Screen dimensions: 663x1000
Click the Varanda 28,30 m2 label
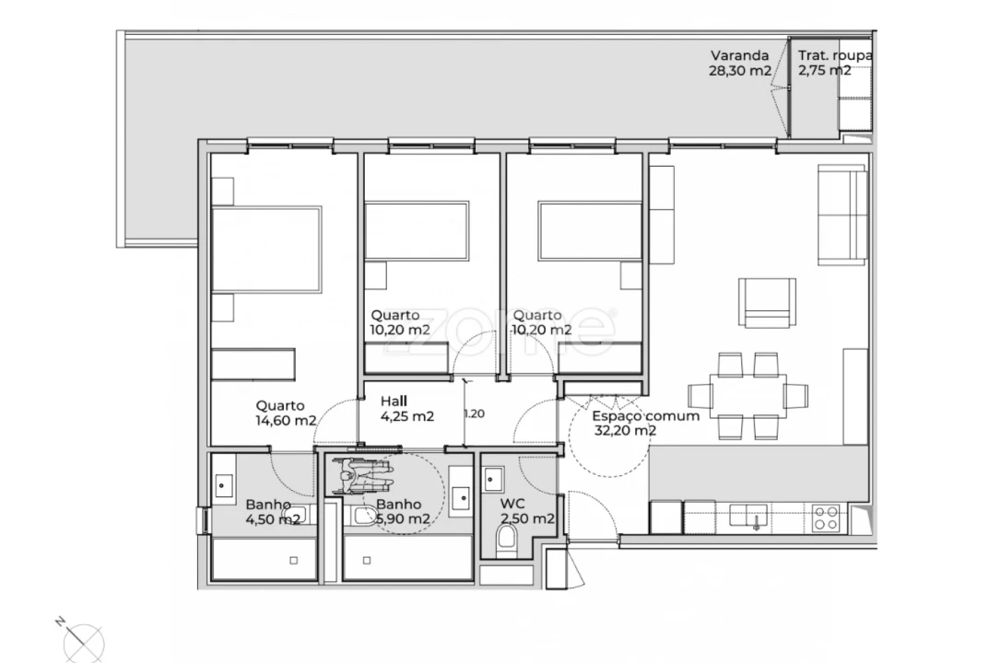pyautogui.click(x=739, y=63)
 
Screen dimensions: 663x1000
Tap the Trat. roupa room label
pyautogui.click(x=834, y=63)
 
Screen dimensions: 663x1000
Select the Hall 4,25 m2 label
pyautogui.click(x=407, y=408)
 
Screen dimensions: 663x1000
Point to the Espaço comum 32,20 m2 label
pyautogui.click(x=645, y=423)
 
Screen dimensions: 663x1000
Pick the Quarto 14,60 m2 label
pyautogui.click(x=286, y=413)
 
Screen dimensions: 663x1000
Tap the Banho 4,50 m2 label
pyautogui.click(x=272, y=512)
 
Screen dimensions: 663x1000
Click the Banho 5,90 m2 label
pyautogui.click(x=402, y=512)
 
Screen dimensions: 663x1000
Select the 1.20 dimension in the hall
pyautogui.click(x=474, y=413)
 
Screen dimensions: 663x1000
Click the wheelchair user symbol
pyautogui.click(x=362, y=476)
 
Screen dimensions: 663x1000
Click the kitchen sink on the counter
pyautogui.click(x=755, y=516)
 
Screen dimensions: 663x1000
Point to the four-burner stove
pyautogui.click(x=826, y=517)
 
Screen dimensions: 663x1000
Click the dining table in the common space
pyautogui.click(x=748, y=396)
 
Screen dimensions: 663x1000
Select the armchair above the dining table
pyautogui.click(x=766, y=302)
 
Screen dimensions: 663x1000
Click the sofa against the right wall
pyautogui.click(x=842, y=215)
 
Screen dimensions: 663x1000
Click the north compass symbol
pyautogui.click(x=84, y=641)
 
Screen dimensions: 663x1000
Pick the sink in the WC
pyautogui.click(x=494, y=480)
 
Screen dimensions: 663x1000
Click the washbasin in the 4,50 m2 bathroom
pyautogui.click(x=224, y=483)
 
